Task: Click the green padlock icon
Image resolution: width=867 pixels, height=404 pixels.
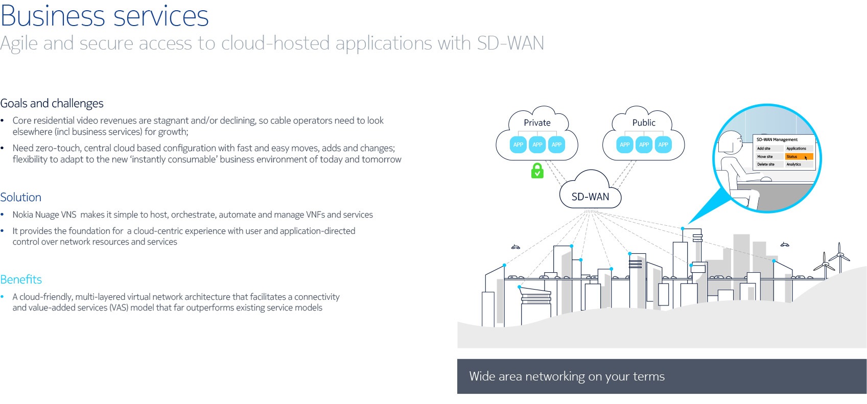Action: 537,171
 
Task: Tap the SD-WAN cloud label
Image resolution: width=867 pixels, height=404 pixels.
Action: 590,197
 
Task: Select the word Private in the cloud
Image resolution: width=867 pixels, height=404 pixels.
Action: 537,123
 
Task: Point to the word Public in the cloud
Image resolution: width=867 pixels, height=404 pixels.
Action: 644,123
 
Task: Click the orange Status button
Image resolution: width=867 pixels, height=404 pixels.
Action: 799,157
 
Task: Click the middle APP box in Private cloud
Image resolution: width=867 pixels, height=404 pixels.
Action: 537,145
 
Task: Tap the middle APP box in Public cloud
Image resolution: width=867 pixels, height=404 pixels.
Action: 644,145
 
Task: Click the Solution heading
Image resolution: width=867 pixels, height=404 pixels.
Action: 21,198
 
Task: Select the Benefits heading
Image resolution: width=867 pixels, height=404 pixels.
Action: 21,279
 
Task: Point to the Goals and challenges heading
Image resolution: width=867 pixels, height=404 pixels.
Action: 52,104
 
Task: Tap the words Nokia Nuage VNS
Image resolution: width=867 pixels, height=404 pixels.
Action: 44,215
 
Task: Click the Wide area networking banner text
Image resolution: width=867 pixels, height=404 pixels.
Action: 567,376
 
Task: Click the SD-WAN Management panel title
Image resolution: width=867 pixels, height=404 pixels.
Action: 777,139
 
